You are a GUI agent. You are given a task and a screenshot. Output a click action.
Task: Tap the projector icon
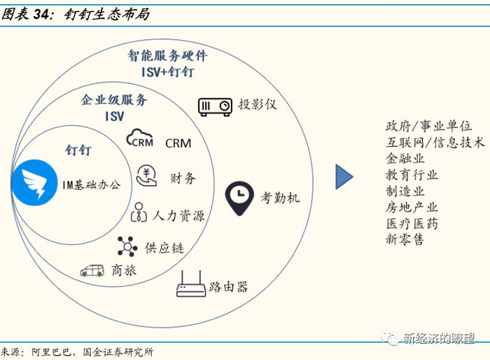point(215,106)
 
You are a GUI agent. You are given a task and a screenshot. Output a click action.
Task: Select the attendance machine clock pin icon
point(239,198)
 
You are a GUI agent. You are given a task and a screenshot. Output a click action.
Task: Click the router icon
point(190,284)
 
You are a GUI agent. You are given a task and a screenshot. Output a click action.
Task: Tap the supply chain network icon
point(127,246)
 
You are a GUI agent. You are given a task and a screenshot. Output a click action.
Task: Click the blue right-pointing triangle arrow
point(344,176)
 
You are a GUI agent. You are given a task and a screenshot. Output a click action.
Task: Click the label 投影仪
point(258,104)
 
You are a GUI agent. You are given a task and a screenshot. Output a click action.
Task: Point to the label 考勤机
point(280,198)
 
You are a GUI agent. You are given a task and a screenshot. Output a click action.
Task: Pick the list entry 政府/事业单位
point(428,126)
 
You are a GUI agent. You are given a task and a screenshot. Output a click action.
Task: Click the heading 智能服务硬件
point(167,55)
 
